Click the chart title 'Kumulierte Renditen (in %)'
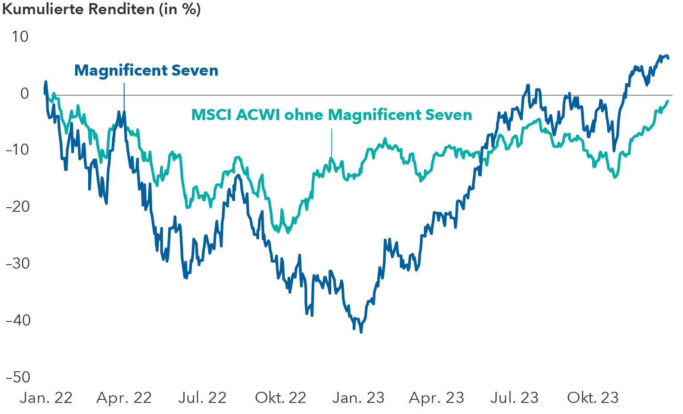tap(102, 9)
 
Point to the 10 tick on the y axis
tap(20, 36)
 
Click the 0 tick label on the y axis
tap(24, 93)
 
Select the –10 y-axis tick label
tap(17, 150)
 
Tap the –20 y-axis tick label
tap(17, 207)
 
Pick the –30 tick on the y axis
tap(17, 263)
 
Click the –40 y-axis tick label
tap(17, 320)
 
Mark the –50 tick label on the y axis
tap(17, 377)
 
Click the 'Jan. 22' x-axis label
tap(46, 398)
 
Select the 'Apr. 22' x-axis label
tap(124, 398)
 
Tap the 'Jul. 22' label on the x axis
tap(202, 398)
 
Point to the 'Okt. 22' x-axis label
tap(281, 398)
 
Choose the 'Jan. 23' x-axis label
tap(358, 398)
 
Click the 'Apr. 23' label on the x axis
tap(436, 398)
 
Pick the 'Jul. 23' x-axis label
tap(514, 398)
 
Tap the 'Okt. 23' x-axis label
tap(593, 398)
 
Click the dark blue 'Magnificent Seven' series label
tap(146, 70)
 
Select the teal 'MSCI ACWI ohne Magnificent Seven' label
tap(331, 115)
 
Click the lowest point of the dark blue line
tap(361, 332)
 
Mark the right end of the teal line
tap(668, 101)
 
